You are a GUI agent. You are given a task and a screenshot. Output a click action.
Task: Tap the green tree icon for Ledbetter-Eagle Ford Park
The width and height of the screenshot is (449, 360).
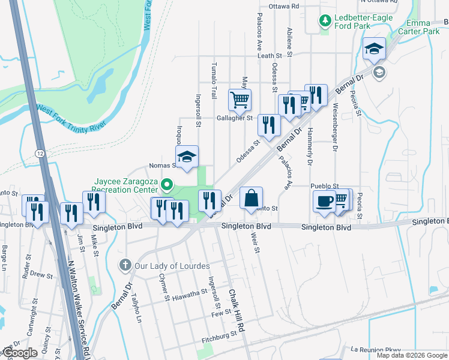click(x=325, y=22)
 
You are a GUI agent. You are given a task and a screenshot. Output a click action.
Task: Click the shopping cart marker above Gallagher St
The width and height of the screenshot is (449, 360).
click(x=240, y=100)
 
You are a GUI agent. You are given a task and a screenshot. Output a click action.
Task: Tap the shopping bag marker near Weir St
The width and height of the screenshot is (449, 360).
click(x=252, y=198)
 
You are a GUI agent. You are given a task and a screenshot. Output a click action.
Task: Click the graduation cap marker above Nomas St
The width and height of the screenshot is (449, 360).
click(x=187, y=158)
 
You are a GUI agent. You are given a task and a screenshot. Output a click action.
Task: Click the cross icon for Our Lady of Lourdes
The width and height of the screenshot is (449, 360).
click(x=125, y=265)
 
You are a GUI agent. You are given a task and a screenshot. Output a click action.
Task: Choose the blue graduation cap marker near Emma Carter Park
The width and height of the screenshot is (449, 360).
click(x=374, y=49)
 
